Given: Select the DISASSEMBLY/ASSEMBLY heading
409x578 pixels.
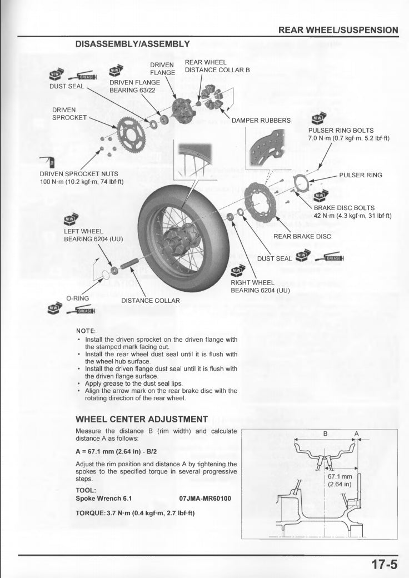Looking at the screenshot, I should coord(133,43).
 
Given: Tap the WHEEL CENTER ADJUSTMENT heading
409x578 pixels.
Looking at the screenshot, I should coord(141,419).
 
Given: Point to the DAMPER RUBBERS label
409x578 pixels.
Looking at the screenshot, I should coord(261,121).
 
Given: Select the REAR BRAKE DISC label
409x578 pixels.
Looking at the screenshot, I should coord(302,236).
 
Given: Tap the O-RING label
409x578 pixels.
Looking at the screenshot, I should coord(78,298).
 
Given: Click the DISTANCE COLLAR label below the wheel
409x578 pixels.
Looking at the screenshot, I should coord(151,301).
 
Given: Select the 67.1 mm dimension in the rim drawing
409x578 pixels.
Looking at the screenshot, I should coord(340,477).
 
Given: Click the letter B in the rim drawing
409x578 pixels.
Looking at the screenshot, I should coord(326,433).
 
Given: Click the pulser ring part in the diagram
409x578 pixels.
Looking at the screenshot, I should coord(302,182).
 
